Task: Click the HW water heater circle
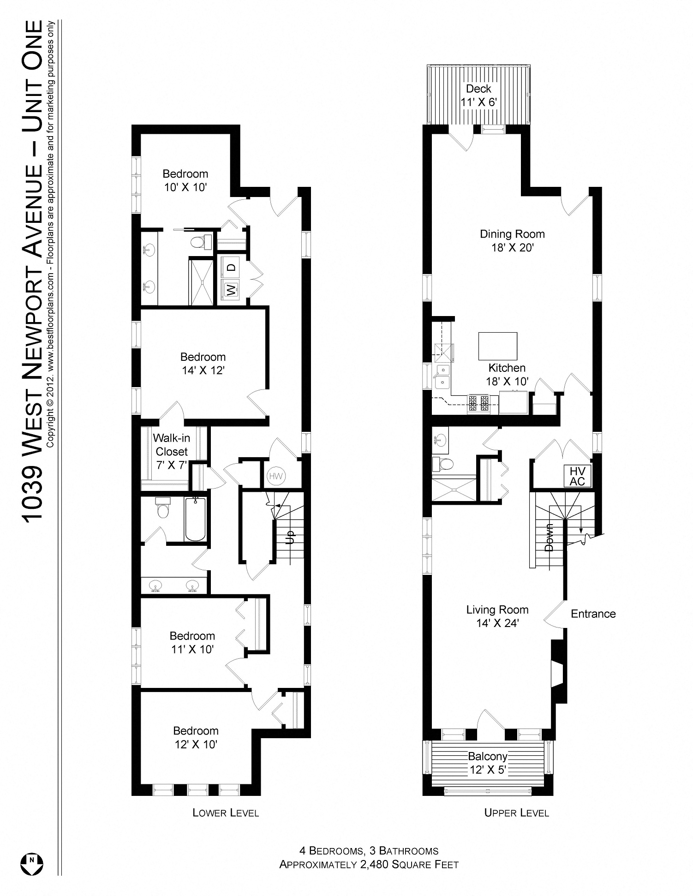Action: [x=275, y=476]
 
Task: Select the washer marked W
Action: [x=231, y=290]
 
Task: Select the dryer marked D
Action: [x=232, y=267]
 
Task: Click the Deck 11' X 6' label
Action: [x=478, y=96]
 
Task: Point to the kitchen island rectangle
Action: [x=497, y=346]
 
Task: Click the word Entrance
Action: [x=593, y=614]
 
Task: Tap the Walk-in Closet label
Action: [x=171, y=451]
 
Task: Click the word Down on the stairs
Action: [x=549, y=538]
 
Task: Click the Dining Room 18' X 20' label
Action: [x=512, y=240]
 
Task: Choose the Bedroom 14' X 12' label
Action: [x=203, y=364]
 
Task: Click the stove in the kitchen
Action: [x=478, y=403]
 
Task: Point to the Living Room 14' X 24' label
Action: [x=497, y=616]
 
